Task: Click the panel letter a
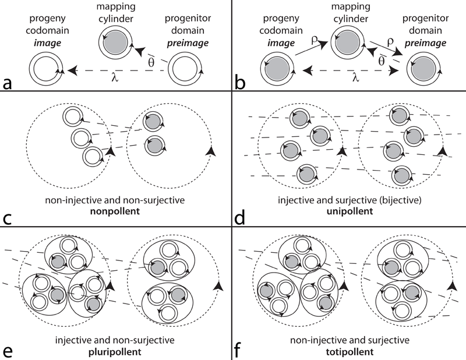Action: tap(9, 82)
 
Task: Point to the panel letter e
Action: tap(9, 349)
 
